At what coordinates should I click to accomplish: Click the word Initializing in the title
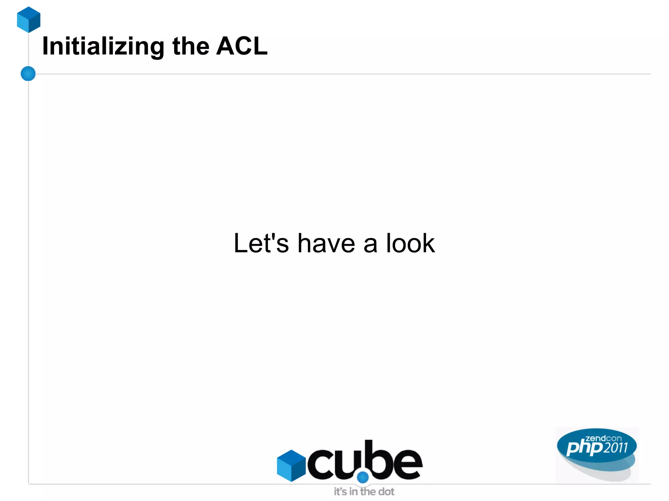pos(103,46)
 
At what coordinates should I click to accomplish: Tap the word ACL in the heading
pos(242,46)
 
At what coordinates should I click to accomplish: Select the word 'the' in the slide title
pos(191,46)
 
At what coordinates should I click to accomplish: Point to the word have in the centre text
pos(326,243)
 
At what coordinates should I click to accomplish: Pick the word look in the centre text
pos(410,243)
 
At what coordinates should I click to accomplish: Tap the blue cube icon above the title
pos(29,20)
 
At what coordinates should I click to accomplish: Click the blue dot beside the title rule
pos(28,73)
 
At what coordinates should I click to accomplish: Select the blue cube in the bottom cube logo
pos(291,465)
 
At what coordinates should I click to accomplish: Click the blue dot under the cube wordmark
pos(363,477)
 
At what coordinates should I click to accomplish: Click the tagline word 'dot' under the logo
pos(386,492)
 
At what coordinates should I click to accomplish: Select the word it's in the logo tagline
pos(340,492)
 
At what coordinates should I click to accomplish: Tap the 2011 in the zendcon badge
pos(615,448)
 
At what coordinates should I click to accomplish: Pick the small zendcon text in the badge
pos(603,438)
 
